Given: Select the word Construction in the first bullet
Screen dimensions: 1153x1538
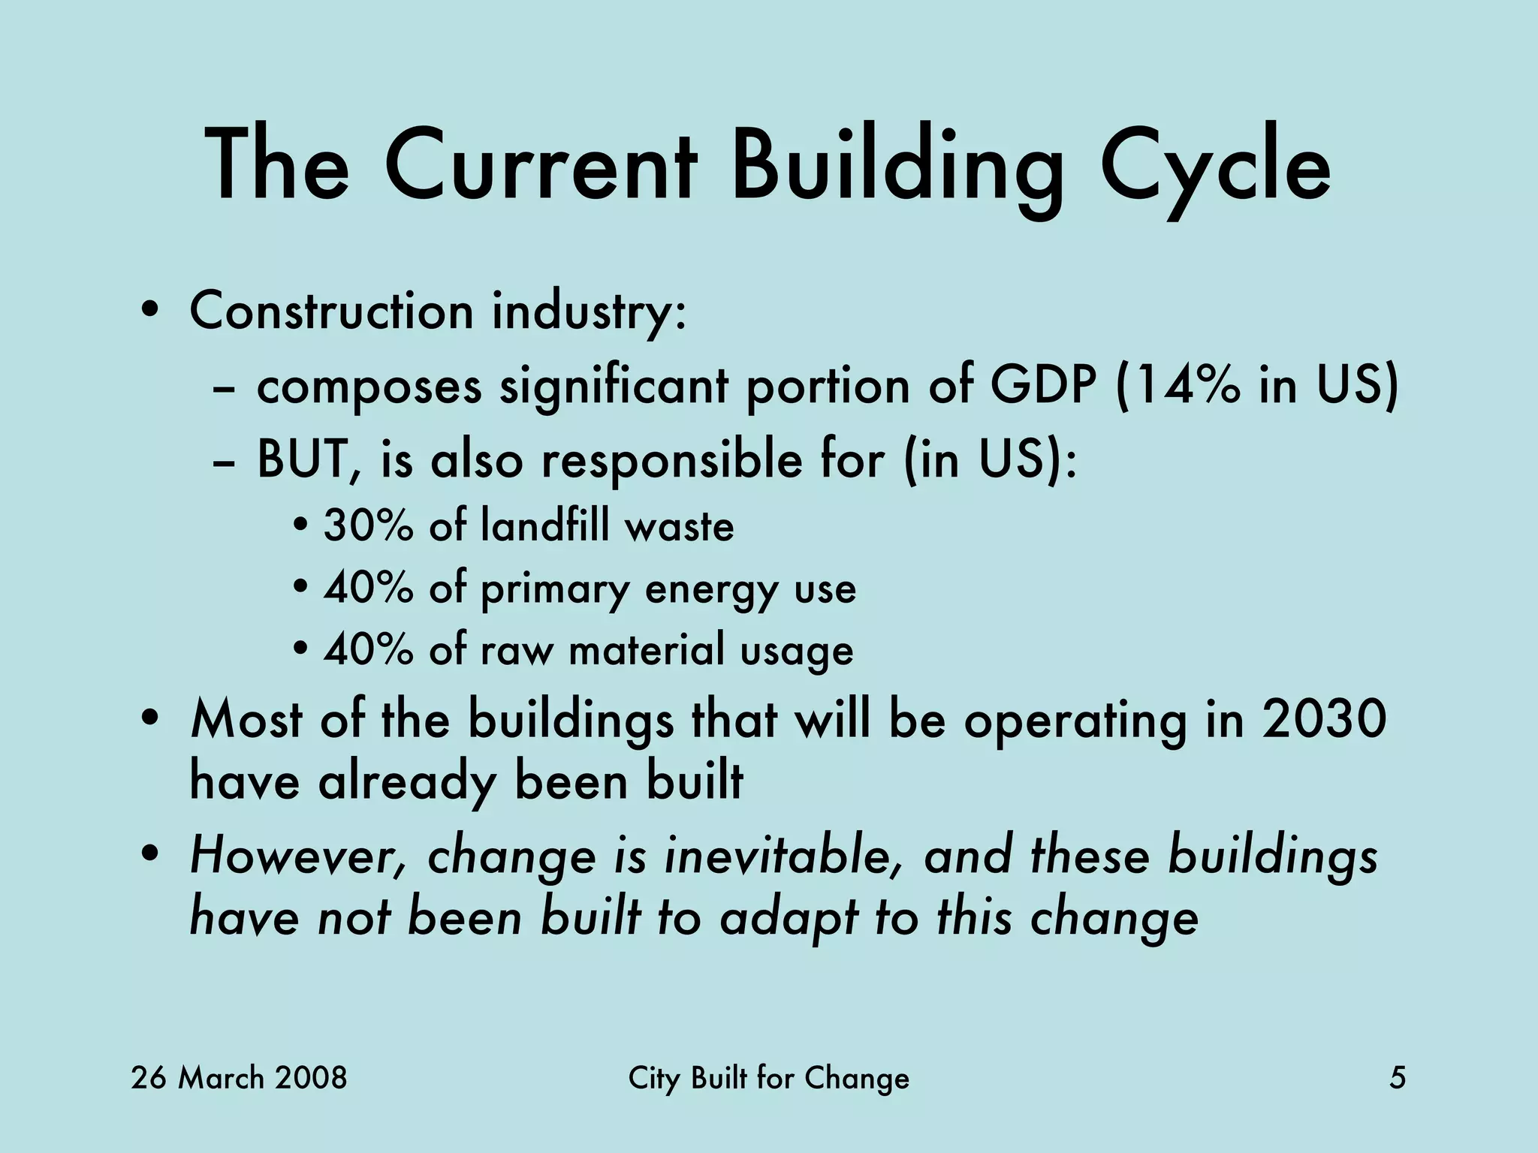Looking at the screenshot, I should [x=331, y=310].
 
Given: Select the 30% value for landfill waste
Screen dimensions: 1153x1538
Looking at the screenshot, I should [x=368, y=525].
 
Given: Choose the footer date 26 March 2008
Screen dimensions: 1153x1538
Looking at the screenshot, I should [x=239, y=1079].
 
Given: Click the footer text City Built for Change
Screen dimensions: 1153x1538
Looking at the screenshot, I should [x=768, y=1079].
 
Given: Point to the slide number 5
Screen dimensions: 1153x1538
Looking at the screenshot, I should [x=1398, y=1079].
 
